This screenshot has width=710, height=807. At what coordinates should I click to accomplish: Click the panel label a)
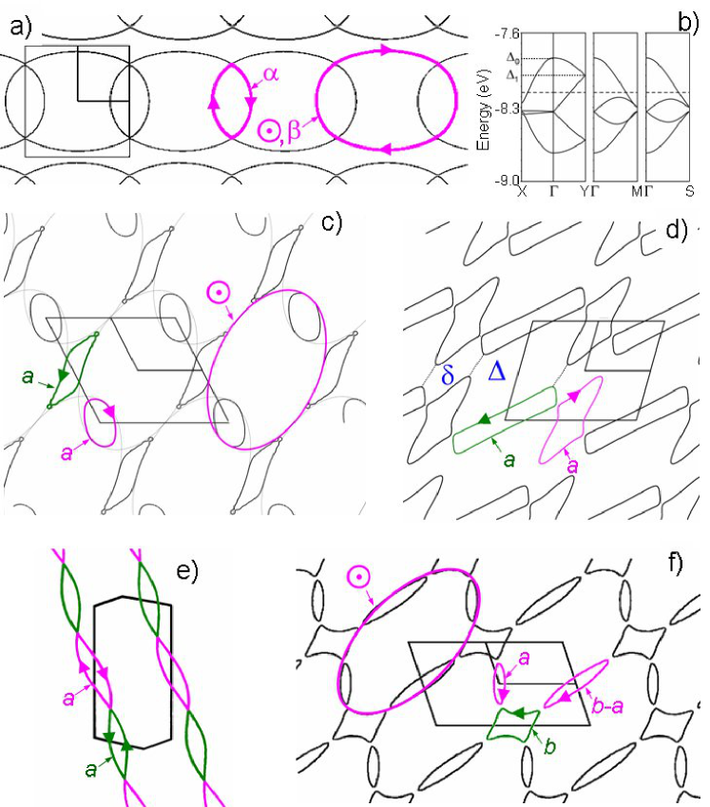21,27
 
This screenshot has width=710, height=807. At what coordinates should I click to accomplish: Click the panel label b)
688,22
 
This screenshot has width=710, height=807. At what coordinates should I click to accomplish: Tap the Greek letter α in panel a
271,73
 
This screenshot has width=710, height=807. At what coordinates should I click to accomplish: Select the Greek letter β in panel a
294,132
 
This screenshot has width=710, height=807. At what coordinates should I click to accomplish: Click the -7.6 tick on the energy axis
507,34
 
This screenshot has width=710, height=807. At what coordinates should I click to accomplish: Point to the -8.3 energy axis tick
507,109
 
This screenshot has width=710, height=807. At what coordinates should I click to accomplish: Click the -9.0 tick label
507,181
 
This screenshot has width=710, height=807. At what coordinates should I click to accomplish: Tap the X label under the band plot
522,191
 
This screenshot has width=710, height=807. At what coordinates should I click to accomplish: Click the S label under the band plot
689,191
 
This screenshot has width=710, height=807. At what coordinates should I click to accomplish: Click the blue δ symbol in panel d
448,375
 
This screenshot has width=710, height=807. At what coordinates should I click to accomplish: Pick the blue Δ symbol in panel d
496,371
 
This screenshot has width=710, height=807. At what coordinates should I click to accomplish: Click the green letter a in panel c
28,377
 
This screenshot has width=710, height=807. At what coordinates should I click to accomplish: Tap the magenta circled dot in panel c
219,294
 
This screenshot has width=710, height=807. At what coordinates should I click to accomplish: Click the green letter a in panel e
91,770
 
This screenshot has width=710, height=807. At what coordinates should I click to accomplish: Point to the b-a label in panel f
607,706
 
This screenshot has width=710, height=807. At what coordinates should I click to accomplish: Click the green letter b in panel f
549,746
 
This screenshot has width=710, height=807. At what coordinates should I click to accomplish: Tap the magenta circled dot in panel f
358,576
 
